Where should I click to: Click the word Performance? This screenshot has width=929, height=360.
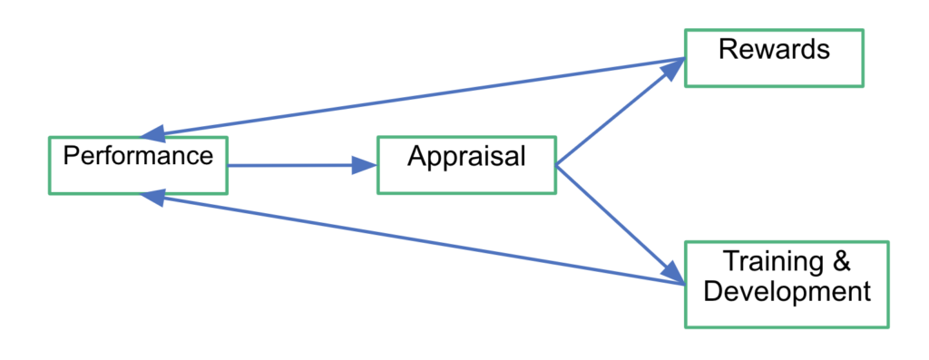pyautogui.click(x=137, y=155)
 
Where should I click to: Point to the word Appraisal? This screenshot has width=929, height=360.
pyautogui.click(x=466, y=157)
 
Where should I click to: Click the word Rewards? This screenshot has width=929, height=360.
pyautogui.click(x=774, y=49)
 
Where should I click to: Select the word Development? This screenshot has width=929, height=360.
pyautogui.click(x=787, y=292)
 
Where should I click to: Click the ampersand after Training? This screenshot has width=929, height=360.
pyautogui.click(x=840, y=263)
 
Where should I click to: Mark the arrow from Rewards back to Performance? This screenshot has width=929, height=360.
pyautogui.click(x=417, y=97)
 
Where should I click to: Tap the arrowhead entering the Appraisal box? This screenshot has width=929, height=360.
pyautogui.click(x=365, y=166)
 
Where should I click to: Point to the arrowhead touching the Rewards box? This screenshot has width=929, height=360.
pyautogui.click(x=672, y=69)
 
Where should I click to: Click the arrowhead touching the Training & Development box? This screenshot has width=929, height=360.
pyautogui.click(x=672, y=270)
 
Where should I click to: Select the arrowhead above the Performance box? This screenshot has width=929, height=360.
pyautogui.click(x=156, y=131)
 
